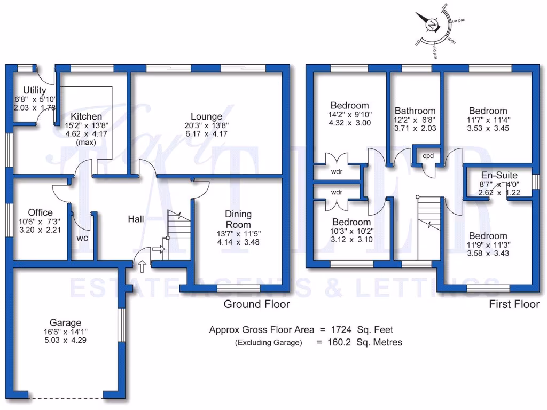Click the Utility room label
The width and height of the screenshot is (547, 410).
click(x=34, y=90)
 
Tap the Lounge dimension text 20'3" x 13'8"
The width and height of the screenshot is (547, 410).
click(x=206, y=126)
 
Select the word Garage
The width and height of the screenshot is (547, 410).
click(x=65, y=322)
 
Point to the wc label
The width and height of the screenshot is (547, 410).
click(x=82, y=238)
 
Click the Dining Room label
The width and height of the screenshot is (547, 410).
click(x=238, y=219)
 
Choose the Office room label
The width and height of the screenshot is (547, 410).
click(x=41, y=212)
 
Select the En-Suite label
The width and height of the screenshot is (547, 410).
click(x=499, y=175)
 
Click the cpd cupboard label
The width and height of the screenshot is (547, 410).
click(x=428, y=156)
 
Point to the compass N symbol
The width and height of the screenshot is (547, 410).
click(x=432, y=25)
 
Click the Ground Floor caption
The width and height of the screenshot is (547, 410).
click(x=256, y=304)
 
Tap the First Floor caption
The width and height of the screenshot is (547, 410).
click(x=514, y=304)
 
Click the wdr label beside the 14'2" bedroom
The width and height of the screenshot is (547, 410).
click(x=337, y=172)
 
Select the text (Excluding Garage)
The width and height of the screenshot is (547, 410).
click(x=268, y=343)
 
